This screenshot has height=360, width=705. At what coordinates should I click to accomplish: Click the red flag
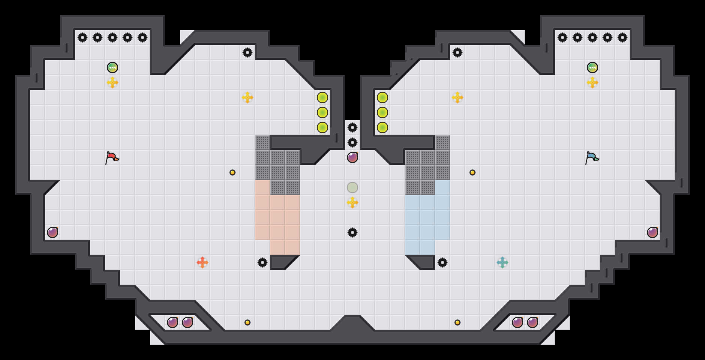[112, 158]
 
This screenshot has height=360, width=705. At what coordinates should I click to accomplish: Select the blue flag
[592, 158]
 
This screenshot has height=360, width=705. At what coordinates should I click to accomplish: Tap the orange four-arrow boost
[202, 262]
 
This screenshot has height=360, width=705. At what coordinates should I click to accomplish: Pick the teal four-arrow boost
[502, 262]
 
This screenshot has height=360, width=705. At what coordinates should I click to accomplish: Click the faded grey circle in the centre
[352, 187]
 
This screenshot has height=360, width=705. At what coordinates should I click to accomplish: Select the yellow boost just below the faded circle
[352, 202]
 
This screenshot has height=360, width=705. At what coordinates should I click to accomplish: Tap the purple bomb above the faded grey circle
[352, 157]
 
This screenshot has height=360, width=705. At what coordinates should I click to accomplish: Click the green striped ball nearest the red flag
[112, 67]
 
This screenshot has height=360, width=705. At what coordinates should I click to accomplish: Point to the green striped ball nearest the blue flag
[592, 67]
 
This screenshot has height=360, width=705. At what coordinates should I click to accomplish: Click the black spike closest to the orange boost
[262, 262]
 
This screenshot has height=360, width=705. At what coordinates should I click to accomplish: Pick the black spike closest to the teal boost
[442, 262]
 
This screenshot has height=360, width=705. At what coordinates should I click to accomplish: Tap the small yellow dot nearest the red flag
[232, 172]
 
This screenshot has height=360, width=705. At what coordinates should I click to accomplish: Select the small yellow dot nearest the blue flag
[472, 172]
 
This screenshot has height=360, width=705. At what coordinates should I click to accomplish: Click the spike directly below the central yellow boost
[352, 232]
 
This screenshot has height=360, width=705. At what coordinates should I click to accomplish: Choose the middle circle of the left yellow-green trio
[322, 112]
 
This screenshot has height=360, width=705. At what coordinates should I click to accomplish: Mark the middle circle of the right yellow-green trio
[382, 112]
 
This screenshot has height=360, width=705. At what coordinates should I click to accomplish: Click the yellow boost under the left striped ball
[112, 82]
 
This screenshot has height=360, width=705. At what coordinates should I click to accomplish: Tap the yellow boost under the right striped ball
[592, 82]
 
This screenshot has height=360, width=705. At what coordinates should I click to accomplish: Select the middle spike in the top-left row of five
[112, 37]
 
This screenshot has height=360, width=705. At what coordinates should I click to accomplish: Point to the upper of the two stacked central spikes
[352, 127]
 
